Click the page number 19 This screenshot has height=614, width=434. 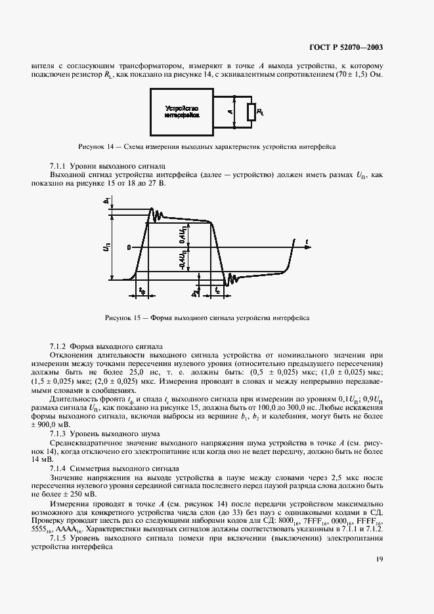tap(380, 559)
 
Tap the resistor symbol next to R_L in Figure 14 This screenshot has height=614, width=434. tap(251, 112)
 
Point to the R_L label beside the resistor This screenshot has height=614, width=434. tap(261, 112)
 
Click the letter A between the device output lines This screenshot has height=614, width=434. tap(230, 112)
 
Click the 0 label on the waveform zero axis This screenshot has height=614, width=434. tap(130, 247)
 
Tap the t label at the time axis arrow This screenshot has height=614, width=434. tap(307, 242)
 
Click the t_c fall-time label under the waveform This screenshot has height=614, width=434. tap(217, 289)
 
